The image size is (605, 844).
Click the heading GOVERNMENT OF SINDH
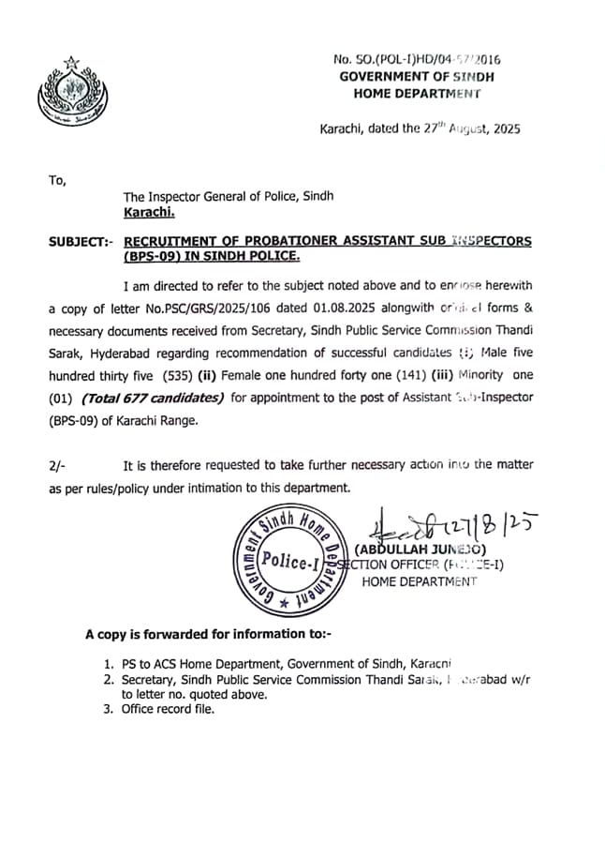click(416, 76)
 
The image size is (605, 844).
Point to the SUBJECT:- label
click(81, 242)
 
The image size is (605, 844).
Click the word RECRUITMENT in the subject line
click(172, 241)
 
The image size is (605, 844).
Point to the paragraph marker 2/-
click(58, 465)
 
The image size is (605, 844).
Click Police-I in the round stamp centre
click(289, 562)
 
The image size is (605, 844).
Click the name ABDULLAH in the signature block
click(394, 548)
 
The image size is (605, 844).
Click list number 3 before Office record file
click(108, 709)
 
